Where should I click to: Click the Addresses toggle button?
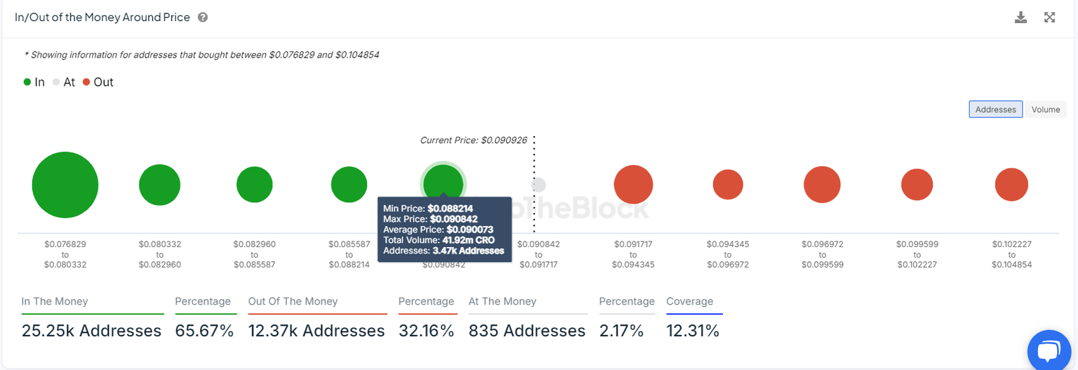[x=995, y=110]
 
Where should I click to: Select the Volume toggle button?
[x=1045, y=110]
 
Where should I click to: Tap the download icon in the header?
[x=1020, y=18]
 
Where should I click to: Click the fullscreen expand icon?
[x=1049, y=18]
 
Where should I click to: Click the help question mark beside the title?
[x=203, y=18]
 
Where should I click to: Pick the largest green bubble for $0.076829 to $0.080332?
[x=65, y=185]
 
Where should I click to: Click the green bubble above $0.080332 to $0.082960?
[x=159, y=185]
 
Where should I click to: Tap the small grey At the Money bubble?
[x=538, y=185]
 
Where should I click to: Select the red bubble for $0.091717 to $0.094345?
[x=633, y=185]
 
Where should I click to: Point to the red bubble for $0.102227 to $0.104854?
[x=1011, y=185]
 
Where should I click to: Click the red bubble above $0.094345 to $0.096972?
[x=728, y=185]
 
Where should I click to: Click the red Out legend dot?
[x=86, y=82]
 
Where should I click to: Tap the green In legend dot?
[x=27, y=82]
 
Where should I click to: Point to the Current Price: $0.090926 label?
[x=473, y=140]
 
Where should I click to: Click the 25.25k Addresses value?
[x=91, y=331]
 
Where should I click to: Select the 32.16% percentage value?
[x=426, y=331]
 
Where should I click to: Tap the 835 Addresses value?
[x=526, y=331]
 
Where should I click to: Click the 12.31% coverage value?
[x=693, y=331]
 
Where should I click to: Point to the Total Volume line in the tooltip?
[x=439, y=240]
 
